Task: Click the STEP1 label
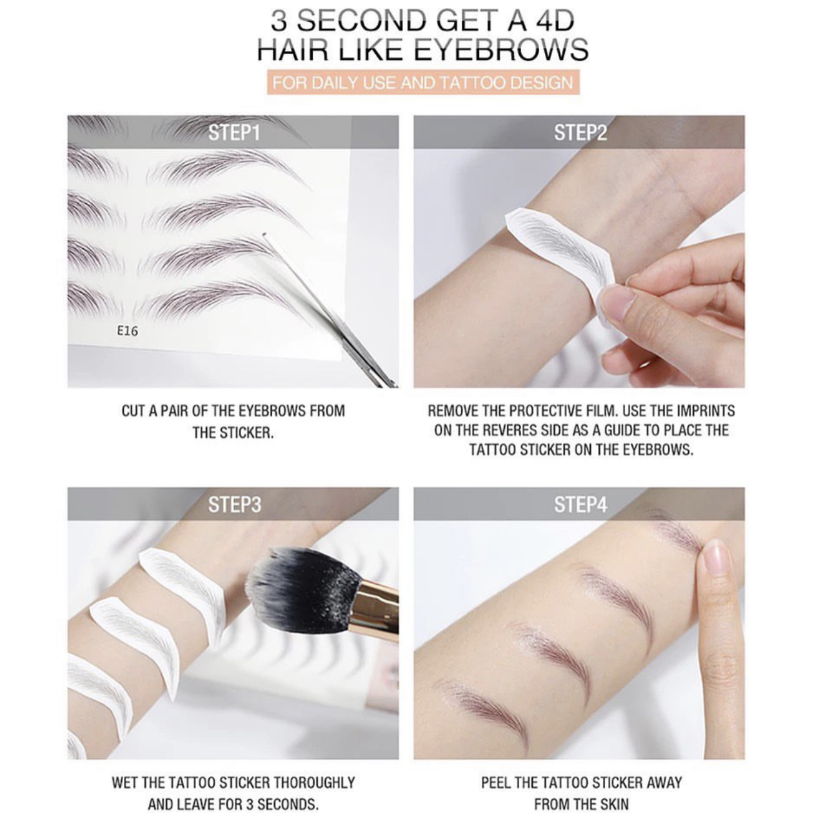pyautogui.click(x=234, y=133)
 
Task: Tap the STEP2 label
pyautogui.click(x=580, y=133)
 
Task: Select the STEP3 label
pyautogui.click(x=235, y=504)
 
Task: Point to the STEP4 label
pyautogui.click(x=580, y=504)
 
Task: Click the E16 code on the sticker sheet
pyautogui.click(x=128, y=331)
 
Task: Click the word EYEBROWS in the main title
pyautogui.click(x=501, y=50)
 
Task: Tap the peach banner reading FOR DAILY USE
pyautogui.click(x=422, y=82)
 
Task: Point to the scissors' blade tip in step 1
pyautogui.click(x=264, y=235)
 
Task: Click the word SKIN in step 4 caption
pyautogui.click(x=615, y=792)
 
